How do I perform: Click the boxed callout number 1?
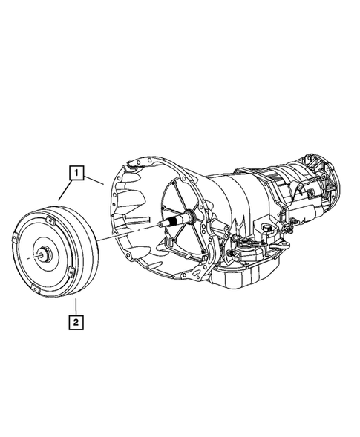tap(76, 174)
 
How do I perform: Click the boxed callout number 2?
tap(76, 322)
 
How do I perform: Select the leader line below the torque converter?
tap(76, 304)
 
